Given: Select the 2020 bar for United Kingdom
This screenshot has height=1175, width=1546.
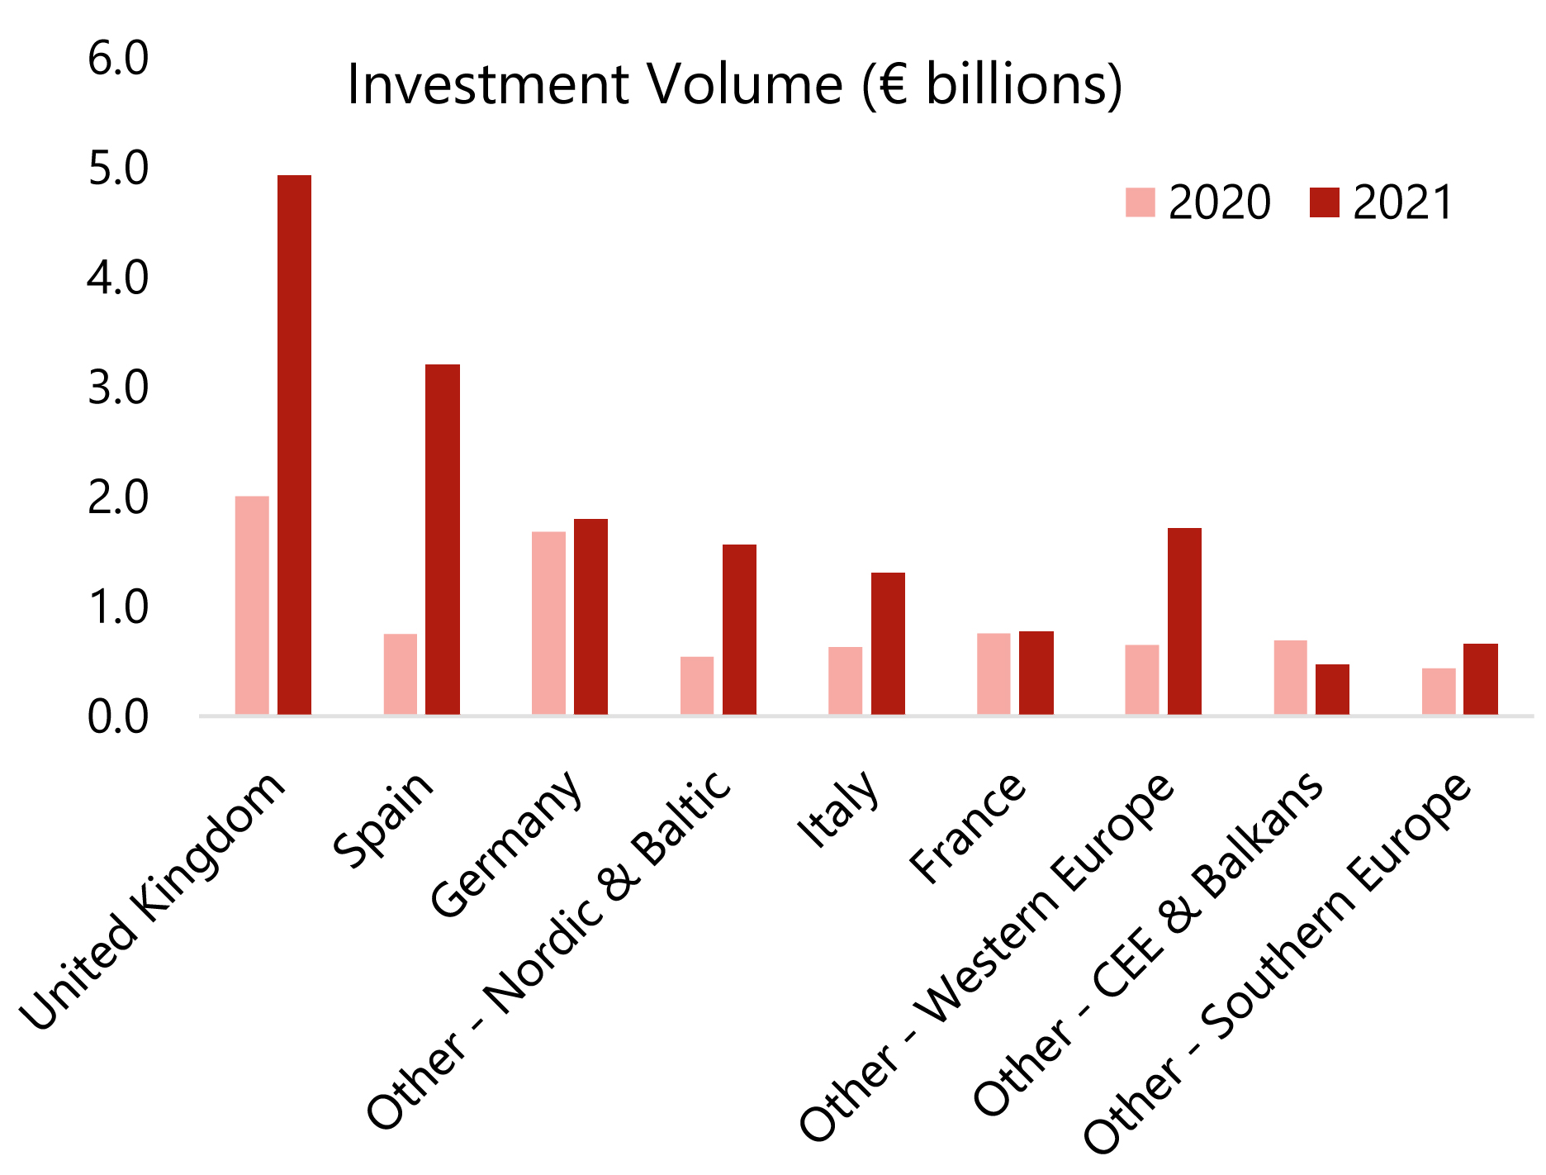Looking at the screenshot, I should [252, 605].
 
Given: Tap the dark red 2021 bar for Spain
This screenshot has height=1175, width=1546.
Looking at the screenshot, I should [443, 539].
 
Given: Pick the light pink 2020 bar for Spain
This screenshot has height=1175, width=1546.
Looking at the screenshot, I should [401, 673].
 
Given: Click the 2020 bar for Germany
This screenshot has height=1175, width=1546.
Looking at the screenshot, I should [548, 622].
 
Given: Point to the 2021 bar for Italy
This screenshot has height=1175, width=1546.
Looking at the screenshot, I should [888, 643].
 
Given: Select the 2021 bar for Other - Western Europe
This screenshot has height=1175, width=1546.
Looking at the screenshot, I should [1184, 621].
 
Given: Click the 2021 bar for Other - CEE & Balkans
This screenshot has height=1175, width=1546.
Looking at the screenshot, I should [1332, 689].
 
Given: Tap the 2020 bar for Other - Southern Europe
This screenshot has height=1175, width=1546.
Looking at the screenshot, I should [1439, 691].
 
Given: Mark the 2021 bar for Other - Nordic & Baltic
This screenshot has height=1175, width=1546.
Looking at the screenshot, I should [739, 629].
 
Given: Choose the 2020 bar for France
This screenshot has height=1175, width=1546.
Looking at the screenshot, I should [994, 673].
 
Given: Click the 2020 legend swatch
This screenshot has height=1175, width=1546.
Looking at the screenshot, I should [1140, 202].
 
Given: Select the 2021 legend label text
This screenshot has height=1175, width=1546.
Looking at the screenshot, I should [1402, 202].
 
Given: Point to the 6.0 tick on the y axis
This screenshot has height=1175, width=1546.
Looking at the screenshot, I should [118, 59].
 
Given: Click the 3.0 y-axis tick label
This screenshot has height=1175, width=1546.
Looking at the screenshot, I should [118, 388].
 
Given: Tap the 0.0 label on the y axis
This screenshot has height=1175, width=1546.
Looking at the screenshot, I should [118, 716].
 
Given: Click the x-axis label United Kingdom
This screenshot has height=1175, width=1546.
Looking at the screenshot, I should [154, 902].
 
